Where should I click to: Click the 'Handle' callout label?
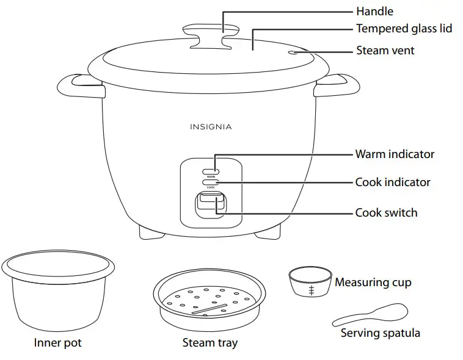point(374,12)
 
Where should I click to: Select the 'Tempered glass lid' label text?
point(404,29)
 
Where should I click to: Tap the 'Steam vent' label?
point(385,51)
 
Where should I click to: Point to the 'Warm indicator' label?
point(395,154)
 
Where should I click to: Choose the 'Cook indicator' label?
point(393,182)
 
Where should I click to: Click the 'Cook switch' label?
point(386,213)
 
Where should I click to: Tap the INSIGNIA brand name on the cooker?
point(211,127)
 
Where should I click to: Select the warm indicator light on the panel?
point(210,170)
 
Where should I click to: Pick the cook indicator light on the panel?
point(210,182)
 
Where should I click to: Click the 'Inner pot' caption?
point(57,343)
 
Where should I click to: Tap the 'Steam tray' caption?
point(210,343)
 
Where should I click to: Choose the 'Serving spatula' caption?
point(380,333)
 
